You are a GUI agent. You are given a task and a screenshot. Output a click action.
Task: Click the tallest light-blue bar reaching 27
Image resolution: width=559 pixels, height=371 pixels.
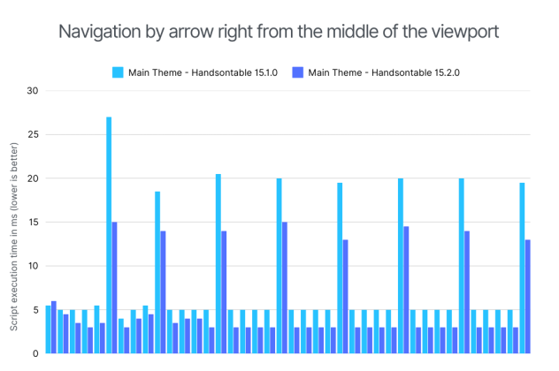109,235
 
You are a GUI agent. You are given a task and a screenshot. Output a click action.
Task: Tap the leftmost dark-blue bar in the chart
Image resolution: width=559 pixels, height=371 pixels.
54,327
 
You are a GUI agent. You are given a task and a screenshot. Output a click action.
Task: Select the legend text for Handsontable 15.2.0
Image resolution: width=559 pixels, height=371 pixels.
383,72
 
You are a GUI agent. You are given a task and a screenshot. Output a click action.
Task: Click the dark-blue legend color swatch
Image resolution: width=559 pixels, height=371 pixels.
296,72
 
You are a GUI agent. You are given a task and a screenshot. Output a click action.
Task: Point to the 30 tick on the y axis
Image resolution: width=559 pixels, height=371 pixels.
33,91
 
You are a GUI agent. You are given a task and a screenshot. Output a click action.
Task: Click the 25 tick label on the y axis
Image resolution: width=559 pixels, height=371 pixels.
33,135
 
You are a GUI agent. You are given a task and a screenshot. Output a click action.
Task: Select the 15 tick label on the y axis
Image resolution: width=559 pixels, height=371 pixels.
33,223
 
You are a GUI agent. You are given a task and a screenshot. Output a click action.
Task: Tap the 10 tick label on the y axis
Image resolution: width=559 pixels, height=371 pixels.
33,266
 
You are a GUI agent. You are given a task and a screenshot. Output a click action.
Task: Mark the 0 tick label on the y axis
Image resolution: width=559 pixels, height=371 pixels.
35,353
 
